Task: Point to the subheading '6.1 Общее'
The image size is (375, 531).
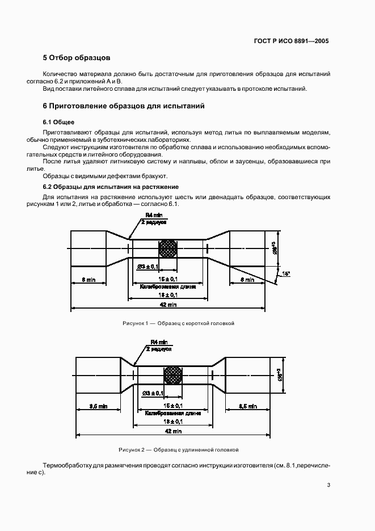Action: pos(59,123)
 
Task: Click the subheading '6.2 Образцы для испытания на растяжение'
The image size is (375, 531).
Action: pos(111,187)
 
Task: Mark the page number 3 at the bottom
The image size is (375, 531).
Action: pos(329,484)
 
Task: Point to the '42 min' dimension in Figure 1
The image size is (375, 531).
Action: pos(168,305)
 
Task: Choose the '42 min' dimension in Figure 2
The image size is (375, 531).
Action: pos(172,431)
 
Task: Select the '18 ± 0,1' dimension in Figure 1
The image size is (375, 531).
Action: pos(168,295)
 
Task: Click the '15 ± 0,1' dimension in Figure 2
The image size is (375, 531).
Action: pos(172,406)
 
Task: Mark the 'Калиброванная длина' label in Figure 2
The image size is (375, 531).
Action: pos(172,414)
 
